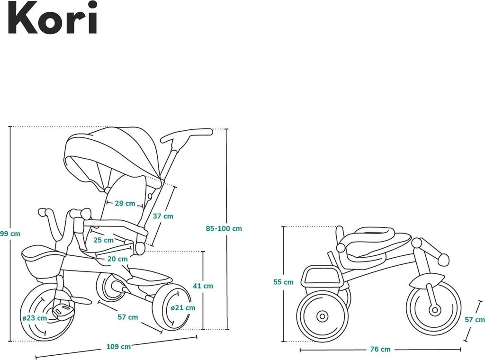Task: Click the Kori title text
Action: click(52, 19)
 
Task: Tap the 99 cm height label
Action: click(10, 234)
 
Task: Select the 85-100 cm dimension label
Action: click(224, 228)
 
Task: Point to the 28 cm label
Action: click(125, 203)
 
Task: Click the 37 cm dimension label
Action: click(163, 216)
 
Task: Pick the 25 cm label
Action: click(103, 240)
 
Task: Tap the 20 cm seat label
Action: click(117, 259)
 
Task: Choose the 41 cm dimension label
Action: click(203, 286)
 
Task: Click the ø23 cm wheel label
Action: click(35, 318)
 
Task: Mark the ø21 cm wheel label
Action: click(183, 307)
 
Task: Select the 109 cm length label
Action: click(118, 346)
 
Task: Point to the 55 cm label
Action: click(283, 282)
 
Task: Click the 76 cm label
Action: click(380, 349)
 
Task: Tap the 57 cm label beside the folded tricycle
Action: click(474, 320)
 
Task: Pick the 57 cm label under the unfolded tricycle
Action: click(128, 317)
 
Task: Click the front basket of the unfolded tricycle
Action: click(43, 262)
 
